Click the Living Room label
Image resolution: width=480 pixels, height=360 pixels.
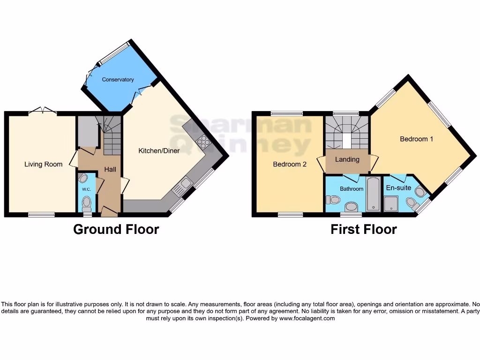pyautogui.click(x=43, y=164)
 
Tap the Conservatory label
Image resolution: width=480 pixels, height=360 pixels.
pyautogui.click(x=118, y=80)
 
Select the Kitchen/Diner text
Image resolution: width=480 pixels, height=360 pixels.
pyautogui.click(x=159, y=151)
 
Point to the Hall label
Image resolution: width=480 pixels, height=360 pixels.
pyautogui.click(x=110, y=169)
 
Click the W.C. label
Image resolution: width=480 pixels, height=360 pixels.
pyautogui.click(x=86, y=189)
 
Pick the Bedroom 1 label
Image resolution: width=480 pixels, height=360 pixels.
pyautogui.click(x=416, y=139)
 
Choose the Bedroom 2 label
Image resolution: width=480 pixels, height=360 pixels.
pyautogui.click(x=290, y=164)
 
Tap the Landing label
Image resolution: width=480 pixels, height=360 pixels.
pyautogui.click(x=347, y=159)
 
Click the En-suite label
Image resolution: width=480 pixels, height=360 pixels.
pyautogui.click(x=398, y=187)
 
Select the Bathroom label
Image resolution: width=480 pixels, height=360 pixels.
pyautogui.click(x=352, y=189)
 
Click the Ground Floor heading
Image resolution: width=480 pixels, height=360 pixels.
pyautogui.click(x=116, y=229)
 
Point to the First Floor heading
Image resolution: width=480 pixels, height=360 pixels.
pyautogui.click(x=363, y=229)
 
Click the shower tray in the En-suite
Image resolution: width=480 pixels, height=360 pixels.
pyautogui.click(x=390, y=203)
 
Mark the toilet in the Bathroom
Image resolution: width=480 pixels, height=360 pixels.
pyautogui.click(x=333, y=200)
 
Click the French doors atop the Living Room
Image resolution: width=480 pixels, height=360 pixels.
pyautogui.click(x=43, y=111)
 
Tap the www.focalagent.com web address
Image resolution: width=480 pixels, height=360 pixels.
pyautogui.click(x=307, y=318)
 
